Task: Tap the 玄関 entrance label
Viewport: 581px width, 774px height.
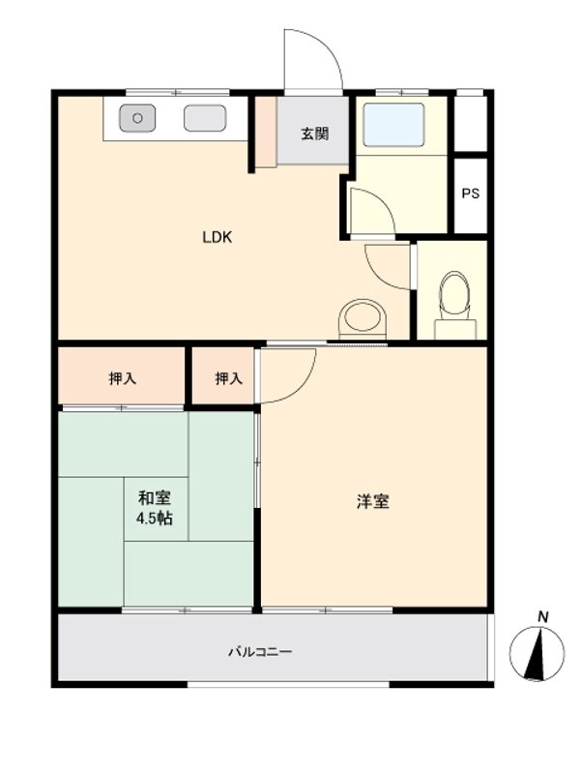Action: (312, 134)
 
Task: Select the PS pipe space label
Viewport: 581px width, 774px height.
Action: (470, 193)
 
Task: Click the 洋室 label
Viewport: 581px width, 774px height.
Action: (373, 501)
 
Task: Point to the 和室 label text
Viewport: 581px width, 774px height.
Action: (155, 498)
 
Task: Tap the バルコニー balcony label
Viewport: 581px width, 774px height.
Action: (260, 652)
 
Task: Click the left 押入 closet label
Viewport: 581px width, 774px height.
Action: (122, 378)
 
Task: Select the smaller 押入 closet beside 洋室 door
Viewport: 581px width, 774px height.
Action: (228, 378)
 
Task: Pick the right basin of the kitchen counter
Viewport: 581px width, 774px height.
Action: (205, 118)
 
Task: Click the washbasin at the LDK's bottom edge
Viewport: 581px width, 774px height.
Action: (363, 317)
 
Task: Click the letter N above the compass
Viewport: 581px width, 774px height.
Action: (543, 616)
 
